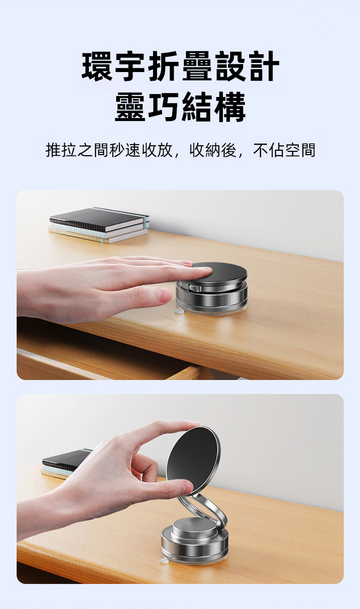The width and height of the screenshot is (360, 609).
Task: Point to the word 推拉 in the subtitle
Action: pos(61,150)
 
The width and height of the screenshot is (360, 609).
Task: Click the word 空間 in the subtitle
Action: pos(300,150)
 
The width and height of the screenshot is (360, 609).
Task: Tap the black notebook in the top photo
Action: pos(99,219)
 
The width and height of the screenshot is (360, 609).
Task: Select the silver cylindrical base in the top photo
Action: pos(212,299)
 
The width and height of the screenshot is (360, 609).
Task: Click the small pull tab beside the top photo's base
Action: pos(178,311)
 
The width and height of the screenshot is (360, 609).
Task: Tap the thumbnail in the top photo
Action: pos(165,295)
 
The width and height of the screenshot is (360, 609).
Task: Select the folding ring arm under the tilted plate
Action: pos(206,509)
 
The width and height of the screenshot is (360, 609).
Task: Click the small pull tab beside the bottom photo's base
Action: pos(164,561)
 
